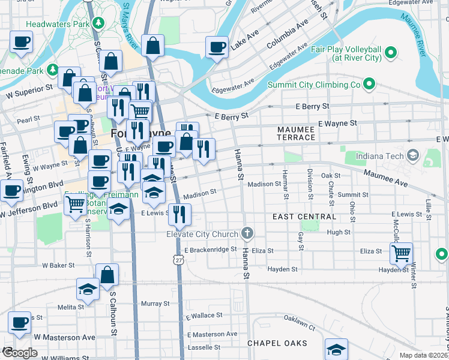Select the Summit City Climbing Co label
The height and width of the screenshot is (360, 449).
(313, 85)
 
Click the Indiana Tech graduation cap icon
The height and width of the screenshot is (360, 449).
(412, 156)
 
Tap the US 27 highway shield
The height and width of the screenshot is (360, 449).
(177, 259)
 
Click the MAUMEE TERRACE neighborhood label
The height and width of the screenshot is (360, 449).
(296, 133)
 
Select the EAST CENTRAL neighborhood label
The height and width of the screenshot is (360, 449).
(304, 216)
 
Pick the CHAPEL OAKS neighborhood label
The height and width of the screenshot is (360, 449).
(277, 344)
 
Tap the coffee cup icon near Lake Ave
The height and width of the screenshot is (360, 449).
(217, 47)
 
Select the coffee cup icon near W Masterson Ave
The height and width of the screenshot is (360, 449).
(19, 322)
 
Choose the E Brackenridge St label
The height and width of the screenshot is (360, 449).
(211, 250)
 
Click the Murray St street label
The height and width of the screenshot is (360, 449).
(155, 304)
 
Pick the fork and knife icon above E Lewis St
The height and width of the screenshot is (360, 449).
(179, 214)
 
